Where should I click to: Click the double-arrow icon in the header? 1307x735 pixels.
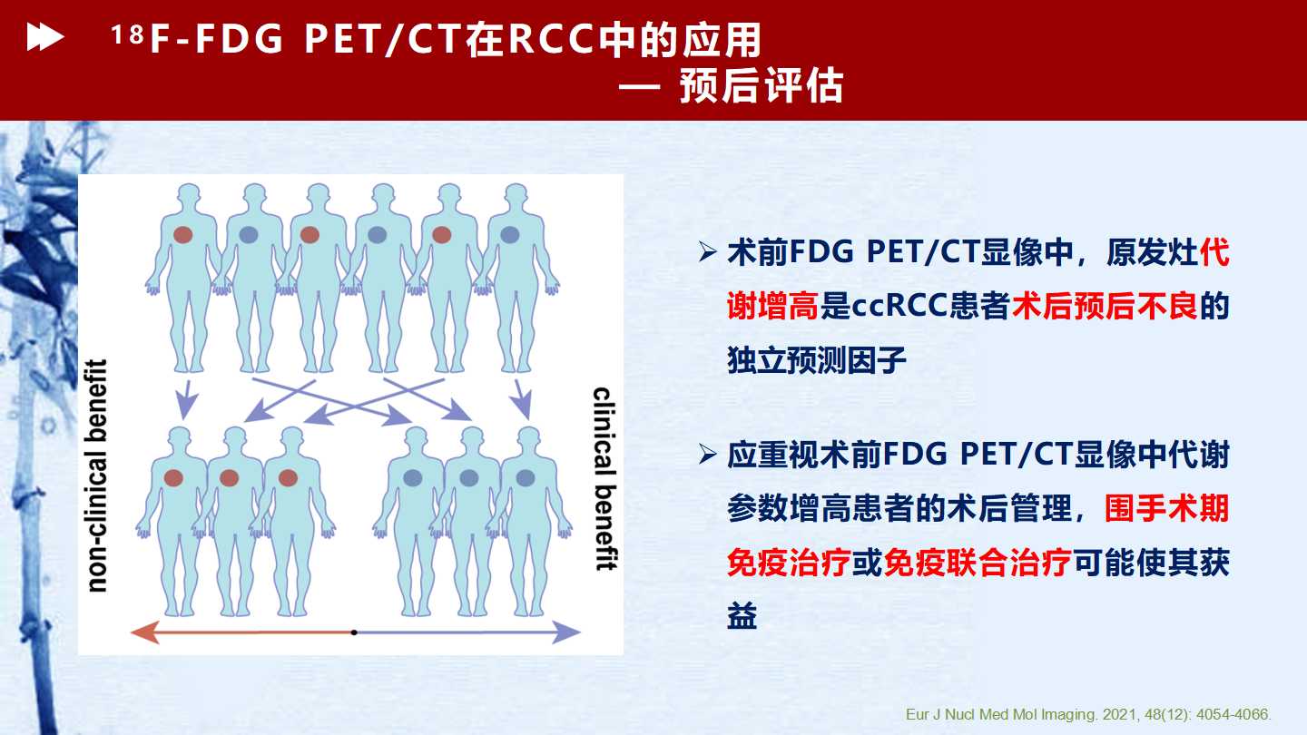pos(45,37)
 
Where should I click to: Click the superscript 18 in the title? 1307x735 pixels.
pos(127,34)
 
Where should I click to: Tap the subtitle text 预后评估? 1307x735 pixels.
pos(762,86)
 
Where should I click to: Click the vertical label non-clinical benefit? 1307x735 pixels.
pos(96,476)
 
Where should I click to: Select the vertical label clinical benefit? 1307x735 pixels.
pos(604,478)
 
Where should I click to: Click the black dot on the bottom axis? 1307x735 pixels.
pos(354,632)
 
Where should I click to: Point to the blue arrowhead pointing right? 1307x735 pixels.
pos(566,632)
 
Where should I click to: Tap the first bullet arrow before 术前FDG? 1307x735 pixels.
pos(708,252)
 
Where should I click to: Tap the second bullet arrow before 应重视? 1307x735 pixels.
pos(708,455)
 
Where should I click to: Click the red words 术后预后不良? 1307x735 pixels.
pos(1105,307)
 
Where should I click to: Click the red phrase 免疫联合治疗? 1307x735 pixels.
pos(978,563)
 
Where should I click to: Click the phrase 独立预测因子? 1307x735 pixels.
pos(817,360)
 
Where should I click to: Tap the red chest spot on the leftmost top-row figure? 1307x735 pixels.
pos(182,235)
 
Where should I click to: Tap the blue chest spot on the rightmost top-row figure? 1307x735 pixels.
pos(509,234)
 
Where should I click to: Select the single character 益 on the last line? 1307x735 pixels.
pos(742,616)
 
